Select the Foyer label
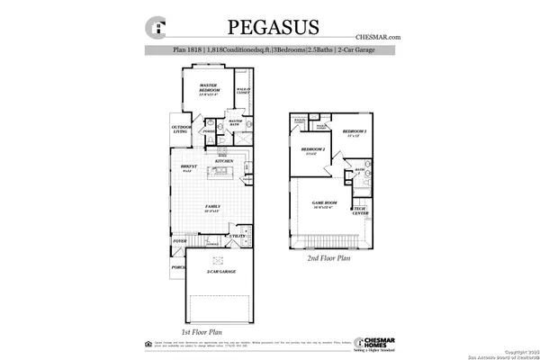(x=180, y=241)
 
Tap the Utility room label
(x=238, y=236)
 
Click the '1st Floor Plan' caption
(x=202, y=332)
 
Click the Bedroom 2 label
(x=312, y=149)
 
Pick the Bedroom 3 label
(x=355, y=133)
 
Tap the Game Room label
(x=324, y=204)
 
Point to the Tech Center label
(x=360, y=211)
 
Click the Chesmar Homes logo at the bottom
(x=379, y=344)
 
